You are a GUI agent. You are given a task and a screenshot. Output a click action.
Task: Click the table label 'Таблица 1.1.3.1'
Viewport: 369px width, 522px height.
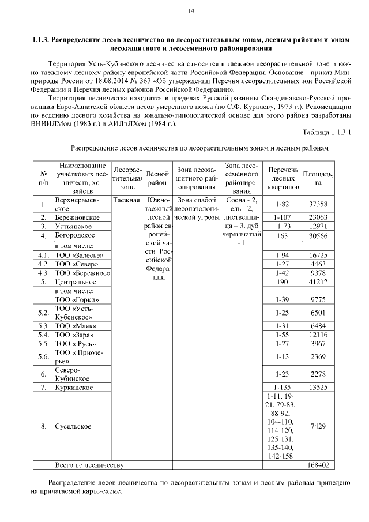tap(327, 133)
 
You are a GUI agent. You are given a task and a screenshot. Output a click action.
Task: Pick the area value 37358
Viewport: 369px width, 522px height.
tap(318, 204)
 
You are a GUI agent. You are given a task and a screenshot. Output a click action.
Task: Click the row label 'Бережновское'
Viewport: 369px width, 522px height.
tap(78, 217)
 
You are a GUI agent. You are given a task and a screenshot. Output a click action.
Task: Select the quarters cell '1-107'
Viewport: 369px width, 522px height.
tap(283, 217)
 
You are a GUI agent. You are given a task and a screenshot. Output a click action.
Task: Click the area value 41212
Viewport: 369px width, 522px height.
tap(318, 282)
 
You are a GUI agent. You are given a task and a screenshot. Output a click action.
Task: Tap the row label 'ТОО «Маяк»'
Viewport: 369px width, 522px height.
tap(75, 326)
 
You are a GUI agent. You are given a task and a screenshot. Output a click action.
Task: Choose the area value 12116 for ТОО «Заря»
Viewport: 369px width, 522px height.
tap(318, 335)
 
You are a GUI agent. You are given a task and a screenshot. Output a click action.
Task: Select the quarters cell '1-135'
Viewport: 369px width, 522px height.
tap(283, 387)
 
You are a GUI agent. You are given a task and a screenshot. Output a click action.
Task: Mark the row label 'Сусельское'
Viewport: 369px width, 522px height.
tap(73, 426)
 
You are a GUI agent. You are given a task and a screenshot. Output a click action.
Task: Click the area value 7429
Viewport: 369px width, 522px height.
tap(318, 426)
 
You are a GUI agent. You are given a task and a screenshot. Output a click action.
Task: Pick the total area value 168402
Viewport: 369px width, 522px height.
tap(318, 464)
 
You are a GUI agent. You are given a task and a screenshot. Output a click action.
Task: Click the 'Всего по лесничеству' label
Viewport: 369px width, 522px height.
tap(89, 464)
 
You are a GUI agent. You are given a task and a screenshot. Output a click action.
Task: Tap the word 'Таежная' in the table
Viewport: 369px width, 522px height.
tap(126, 200)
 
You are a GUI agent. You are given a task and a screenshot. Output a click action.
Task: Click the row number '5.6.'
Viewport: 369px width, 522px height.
tap(43, 357)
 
